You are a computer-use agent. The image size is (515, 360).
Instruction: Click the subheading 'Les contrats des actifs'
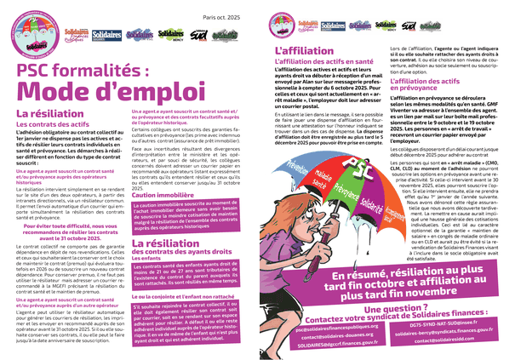pos(52,126)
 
